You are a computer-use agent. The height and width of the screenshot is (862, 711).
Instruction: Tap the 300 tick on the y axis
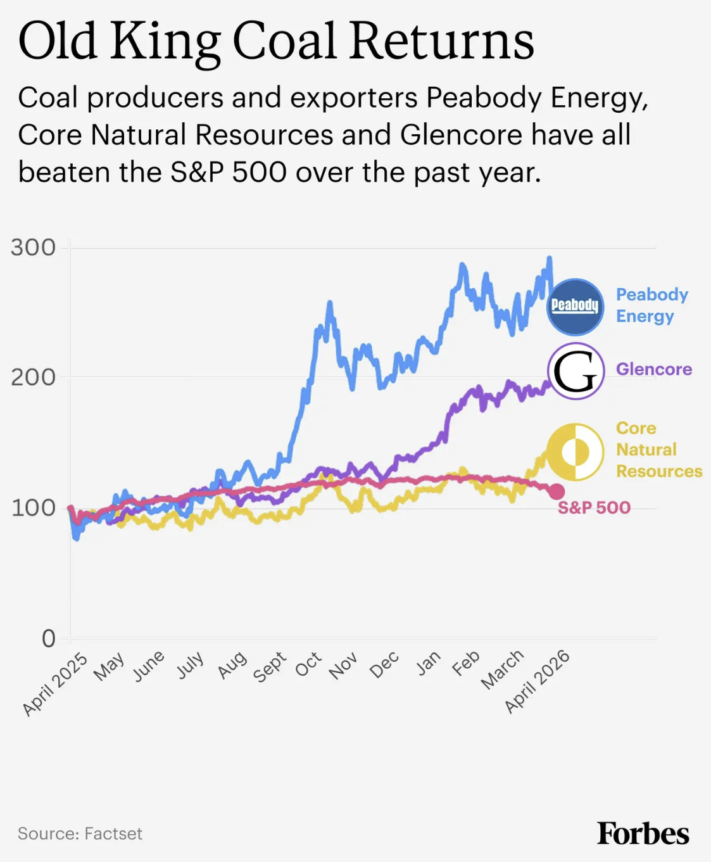tap(33, 248)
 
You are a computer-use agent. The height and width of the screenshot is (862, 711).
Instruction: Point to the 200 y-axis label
tap(33, 377)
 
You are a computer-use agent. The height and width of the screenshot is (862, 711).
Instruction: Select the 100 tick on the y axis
tap(33, 508)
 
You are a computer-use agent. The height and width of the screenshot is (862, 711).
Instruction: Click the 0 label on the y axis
tap(48, 638)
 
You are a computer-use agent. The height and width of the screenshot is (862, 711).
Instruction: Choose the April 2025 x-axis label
tap(55, 683)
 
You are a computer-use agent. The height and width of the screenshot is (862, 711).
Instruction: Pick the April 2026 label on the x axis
tap(538, 681)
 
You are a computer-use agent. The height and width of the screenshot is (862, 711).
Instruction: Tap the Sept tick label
tap(270, 667)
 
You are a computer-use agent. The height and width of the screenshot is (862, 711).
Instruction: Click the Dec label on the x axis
tap(384, 664)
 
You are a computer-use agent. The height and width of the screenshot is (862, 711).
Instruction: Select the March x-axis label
tap(503, 669)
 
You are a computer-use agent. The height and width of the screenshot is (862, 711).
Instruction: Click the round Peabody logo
tap(575, 307)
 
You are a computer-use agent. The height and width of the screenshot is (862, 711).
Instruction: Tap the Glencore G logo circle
tap(575, 371)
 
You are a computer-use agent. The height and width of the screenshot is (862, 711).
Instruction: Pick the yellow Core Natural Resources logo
tap(575, 452)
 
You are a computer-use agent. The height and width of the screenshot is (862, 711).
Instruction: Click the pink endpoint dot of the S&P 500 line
tap(556, 491)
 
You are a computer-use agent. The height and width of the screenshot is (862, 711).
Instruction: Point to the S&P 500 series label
tap(594, 508)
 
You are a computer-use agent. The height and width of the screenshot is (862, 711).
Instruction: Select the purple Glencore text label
tap(653, 369)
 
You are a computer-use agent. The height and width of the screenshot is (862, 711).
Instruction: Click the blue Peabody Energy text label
tap(651, 305)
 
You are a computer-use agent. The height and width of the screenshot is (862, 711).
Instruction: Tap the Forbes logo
tap(643, 833)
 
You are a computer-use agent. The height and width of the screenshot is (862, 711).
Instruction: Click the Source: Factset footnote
tap(80, 833)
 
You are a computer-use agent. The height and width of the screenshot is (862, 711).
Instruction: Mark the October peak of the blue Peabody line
tap(329, 304)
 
